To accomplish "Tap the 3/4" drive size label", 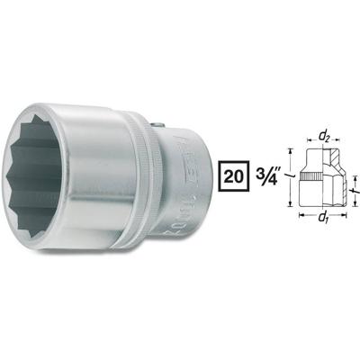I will click(267, 171).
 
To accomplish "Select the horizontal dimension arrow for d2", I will click(323, 145).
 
